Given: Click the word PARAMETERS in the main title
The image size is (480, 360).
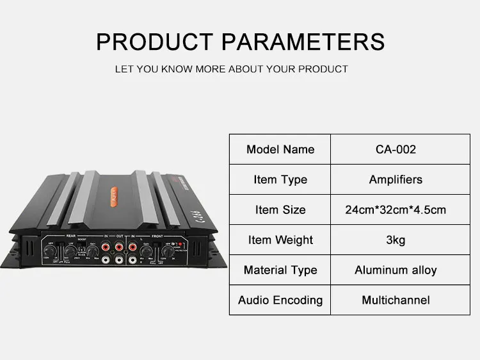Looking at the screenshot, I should tap(303, 42).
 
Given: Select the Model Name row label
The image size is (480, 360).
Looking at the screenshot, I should tap(280, 149).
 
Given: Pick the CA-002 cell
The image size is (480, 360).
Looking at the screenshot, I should tap(396, 149).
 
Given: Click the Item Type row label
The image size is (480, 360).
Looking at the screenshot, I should tap(280, 179).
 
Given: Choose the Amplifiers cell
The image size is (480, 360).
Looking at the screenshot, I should tap(396, 179).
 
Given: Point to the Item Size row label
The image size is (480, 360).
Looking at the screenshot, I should tap(280, 209).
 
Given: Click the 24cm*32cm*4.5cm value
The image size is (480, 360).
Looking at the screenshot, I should tap(396, 209).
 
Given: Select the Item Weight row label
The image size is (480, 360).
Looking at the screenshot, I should tap(280, 240).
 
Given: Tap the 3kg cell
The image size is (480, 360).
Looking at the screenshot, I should tap(396, 240).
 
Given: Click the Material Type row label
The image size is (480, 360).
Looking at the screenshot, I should tap(280, 270).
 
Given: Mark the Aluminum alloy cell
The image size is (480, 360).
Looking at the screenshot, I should tap(396, 270).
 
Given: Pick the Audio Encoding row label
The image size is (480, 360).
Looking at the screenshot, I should tap(280, 300).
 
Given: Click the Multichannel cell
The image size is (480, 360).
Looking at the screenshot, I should tap(396, 300).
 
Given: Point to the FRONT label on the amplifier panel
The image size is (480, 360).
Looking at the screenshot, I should tap(156, 235).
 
